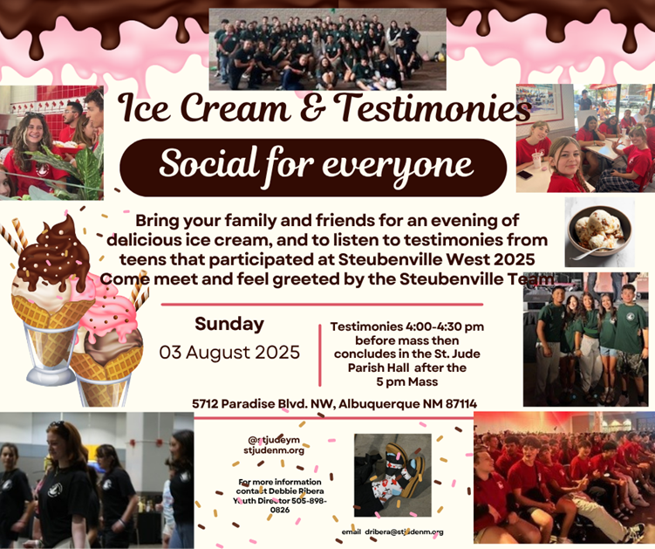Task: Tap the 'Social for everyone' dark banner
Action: tap(313, 168)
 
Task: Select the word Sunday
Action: tap(229, 325)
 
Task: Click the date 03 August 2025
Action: tap(229, 353)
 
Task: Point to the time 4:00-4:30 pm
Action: tap(444, 326)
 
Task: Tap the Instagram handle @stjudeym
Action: tap(274, 440)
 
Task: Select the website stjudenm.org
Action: tap(274, 450)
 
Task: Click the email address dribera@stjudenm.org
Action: tap(404, 532)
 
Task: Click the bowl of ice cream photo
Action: tap(600, 232)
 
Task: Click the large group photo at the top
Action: tap(328, 50)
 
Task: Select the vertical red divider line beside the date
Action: tap(320, 355)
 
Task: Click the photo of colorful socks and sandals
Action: tap(392, 476)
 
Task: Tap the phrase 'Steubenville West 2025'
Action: tap(437, 259)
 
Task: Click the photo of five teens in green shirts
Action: tap(585, 340)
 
